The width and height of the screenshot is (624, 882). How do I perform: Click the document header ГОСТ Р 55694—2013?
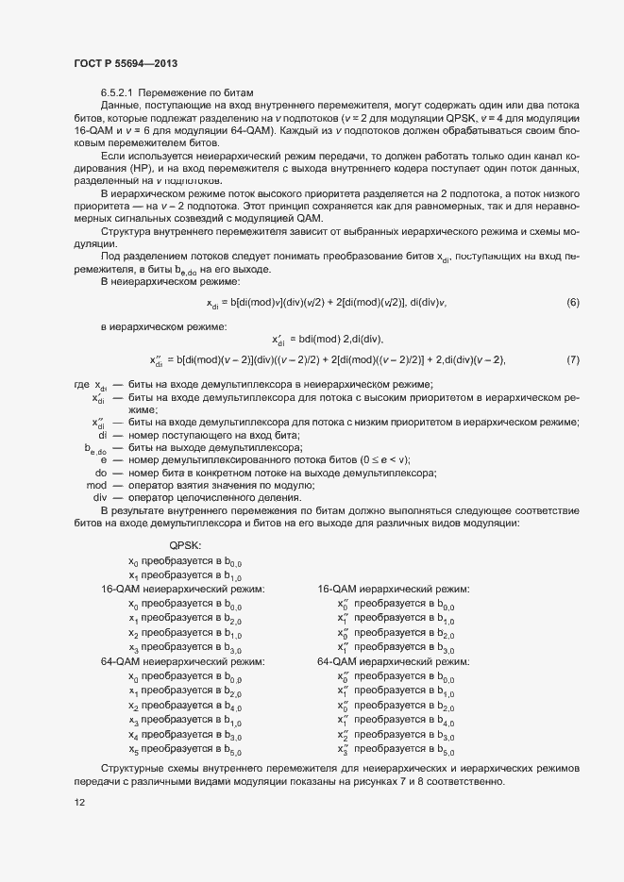pos(126,62)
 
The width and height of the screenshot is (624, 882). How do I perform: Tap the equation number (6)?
pos(572,302)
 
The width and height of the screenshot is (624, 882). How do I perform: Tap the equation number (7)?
pos(572,359)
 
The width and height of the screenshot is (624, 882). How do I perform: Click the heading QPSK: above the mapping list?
pos(184,545)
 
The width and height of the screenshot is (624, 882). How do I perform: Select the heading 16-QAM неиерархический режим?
pos(183,589)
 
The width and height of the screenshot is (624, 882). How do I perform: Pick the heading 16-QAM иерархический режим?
pos(393,589)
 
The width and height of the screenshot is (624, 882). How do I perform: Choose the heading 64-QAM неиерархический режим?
pos(183,662)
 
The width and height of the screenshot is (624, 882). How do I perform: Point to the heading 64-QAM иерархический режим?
pos(393,662)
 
